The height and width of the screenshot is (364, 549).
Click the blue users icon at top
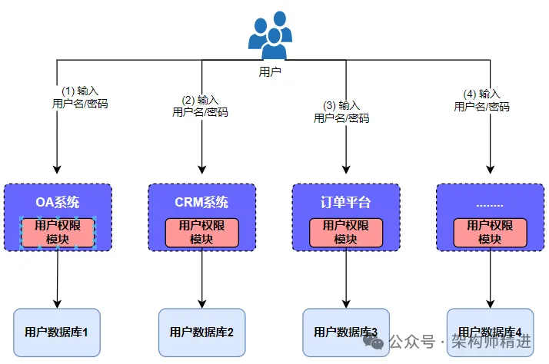[x=270, y=35]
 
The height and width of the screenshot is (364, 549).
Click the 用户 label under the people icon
[x=270, y=71]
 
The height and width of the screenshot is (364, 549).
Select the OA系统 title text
[x=58, y=203]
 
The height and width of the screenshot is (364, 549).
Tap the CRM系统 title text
[x=201, y=203]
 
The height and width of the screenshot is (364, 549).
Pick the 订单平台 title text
[x=345, y=203]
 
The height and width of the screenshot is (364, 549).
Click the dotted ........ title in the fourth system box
[x=490, y=203]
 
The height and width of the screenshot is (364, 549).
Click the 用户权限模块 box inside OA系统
[x=58, y=233]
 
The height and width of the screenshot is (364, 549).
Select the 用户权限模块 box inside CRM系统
[x=201, y=233]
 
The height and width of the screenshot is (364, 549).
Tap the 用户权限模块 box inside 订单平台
[x=345, y=233]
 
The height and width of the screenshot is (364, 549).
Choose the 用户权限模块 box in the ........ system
[x=490, y=233]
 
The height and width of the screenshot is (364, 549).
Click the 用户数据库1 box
[x=58, y=333]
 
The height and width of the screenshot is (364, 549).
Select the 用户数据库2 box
[x=201, y=333]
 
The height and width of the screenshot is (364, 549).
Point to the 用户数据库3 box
[x=345, y=333]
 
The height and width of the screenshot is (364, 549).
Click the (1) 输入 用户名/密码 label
[x=79, y=97]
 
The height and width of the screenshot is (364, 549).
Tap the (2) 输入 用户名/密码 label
[x=200, y=106]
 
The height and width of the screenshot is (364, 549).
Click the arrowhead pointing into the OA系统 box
[x=58, y=168]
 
